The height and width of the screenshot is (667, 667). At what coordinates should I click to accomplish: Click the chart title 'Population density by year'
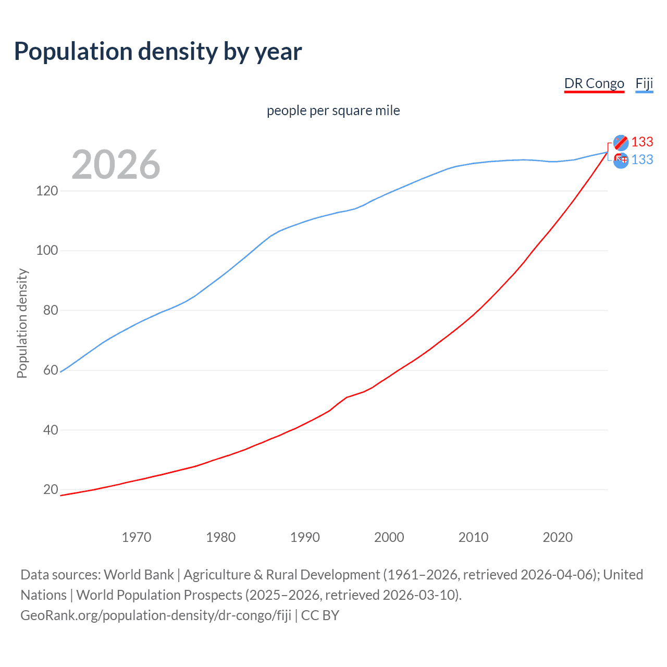(x=158, y=52)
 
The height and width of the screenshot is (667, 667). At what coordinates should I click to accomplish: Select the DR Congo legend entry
(x=594, y=83)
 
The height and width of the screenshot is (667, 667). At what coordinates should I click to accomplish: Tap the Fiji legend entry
(x=644, y=83)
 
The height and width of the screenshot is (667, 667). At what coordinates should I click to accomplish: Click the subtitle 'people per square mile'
(x=333, y=110)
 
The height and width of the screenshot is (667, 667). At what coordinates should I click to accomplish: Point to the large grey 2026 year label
(x=116, y=165)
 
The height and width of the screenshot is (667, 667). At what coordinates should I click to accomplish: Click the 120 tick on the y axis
(x=47, y=191)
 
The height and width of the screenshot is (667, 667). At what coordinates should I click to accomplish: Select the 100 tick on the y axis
(x=47, y=251)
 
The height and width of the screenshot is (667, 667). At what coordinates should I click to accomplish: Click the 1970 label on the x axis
(x=137, y=537)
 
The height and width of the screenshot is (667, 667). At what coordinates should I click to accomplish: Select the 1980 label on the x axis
(x=221, y=537)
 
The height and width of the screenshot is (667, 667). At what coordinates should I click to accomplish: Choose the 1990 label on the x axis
(x=305, y=537)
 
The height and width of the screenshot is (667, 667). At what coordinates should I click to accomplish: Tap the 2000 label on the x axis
(x=389, y=537)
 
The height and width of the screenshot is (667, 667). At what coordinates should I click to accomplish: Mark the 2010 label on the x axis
(x=473, y=537)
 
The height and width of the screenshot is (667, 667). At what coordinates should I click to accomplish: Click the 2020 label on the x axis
(x=558, y=537)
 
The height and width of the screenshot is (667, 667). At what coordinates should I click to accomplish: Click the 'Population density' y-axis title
(x=22, y=323)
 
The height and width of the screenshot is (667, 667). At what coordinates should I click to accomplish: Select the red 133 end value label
(x=642, y=142)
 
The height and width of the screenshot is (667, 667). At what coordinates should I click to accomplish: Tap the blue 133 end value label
(x=642, y=160)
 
